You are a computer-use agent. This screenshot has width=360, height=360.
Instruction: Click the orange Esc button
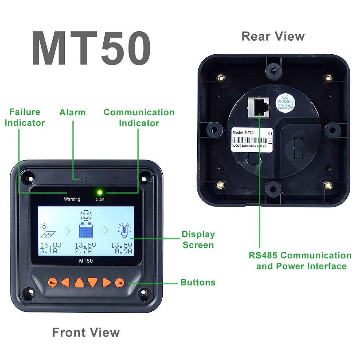(x=53, y=282)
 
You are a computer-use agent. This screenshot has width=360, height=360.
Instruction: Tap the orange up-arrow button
(x=79, y=282)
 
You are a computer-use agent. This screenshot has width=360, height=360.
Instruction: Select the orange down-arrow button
(x=93, y=282)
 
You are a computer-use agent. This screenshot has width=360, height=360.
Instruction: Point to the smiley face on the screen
(x=85, y=216)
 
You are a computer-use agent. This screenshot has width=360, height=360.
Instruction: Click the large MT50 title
(x=91, y=49)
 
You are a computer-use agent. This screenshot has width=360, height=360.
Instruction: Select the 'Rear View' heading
(x=273, y=36)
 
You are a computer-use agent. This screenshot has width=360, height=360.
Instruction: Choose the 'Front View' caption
(x=86, y=332)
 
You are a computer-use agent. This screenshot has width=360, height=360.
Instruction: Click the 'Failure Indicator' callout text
(x=25, y=117)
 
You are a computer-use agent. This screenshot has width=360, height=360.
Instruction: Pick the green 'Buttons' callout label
(x=198, y=282)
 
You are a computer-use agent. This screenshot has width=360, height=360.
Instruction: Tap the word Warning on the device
(x=72, y=199)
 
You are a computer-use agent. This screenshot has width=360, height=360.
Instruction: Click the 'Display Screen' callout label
(x=198, y=239)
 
